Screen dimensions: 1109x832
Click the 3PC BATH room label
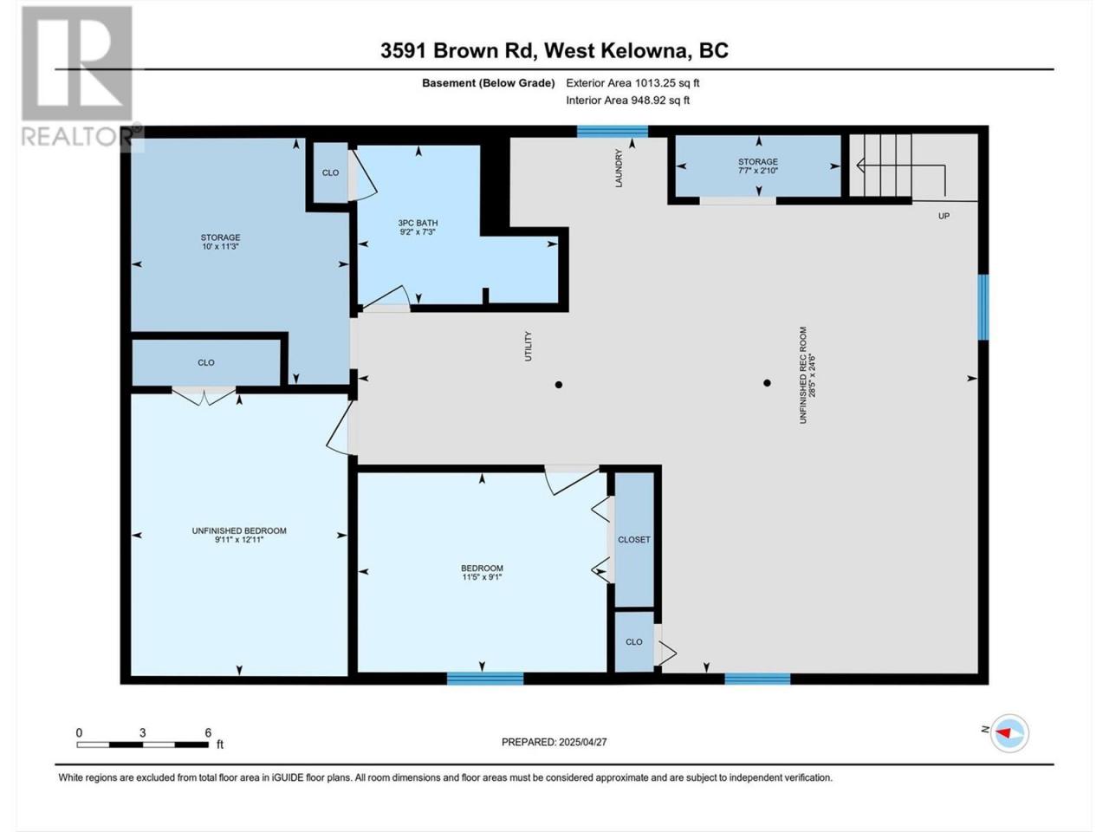(x=418, y=223)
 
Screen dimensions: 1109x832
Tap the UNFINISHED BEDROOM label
(x=239, y=530)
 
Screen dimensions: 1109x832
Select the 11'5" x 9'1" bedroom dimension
(x=482, y=577)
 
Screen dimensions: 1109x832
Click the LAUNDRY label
(x=619, y=168)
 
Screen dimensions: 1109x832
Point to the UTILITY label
(x=529, y=346)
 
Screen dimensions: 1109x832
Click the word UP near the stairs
(x=944, y=216)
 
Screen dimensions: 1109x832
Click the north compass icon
(x=1009, y=733)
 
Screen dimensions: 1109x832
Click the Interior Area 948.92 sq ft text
(x=627, y=100)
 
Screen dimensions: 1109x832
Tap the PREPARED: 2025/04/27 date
(x=554, y=742)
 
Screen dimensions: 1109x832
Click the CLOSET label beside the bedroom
(x=634, y=540)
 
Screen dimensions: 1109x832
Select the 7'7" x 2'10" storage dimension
(x=758, y=171)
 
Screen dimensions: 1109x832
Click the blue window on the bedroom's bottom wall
(x=485, y=679)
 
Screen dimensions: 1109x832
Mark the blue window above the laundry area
(x=613, y=132)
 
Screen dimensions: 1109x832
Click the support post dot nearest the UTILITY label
(x=558, y=385)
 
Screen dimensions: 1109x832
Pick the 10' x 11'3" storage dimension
(x=220, y=246)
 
